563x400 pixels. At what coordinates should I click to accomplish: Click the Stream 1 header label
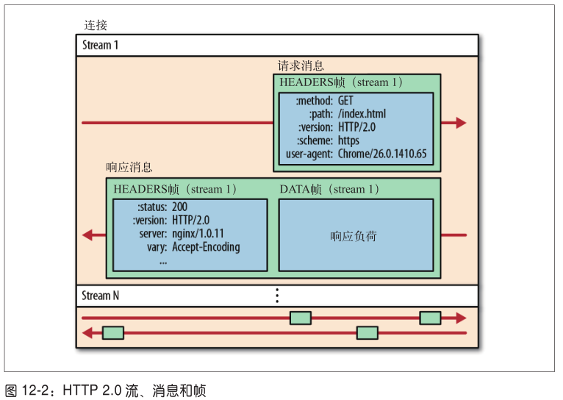click(100, 45)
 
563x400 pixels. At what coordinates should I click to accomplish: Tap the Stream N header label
click(100, 296)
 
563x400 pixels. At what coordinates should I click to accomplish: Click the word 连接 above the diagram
click(95, 25)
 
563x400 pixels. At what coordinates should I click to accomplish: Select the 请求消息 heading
click(301, 65)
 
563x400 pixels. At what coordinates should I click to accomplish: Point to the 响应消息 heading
click(129, 168)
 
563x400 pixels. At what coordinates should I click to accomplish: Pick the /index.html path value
click(362, 114)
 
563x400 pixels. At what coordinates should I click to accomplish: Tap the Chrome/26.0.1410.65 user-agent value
click(382, 155)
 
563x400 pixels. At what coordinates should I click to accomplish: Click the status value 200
click(179, 207)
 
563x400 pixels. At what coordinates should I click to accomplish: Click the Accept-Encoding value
click(206, 247)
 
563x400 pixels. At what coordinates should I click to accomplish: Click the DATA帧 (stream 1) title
click(329, 190)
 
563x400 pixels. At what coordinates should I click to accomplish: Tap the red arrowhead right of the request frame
click(461, 123)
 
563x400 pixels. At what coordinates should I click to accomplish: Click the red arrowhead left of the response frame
click(87, 235)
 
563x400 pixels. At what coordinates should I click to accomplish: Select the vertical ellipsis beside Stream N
click(277, 296)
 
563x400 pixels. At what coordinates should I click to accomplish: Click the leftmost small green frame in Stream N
click(112, 332)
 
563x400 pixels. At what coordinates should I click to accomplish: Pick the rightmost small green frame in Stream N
click(430, 318)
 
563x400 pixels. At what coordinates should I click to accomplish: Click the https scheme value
click(348, 141)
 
